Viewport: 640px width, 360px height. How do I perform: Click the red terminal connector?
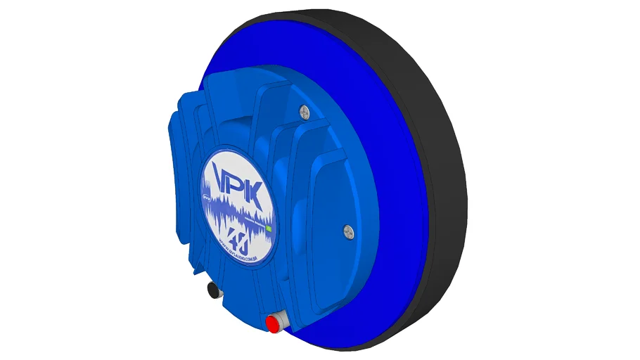[x=271, y=323]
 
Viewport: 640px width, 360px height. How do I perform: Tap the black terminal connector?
[x=212, y=289]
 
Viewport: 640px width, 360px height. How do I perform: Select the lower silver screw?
[x=347, y=229]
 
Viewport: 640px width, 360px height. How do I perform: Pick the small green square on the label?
[x=269, y=229]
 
